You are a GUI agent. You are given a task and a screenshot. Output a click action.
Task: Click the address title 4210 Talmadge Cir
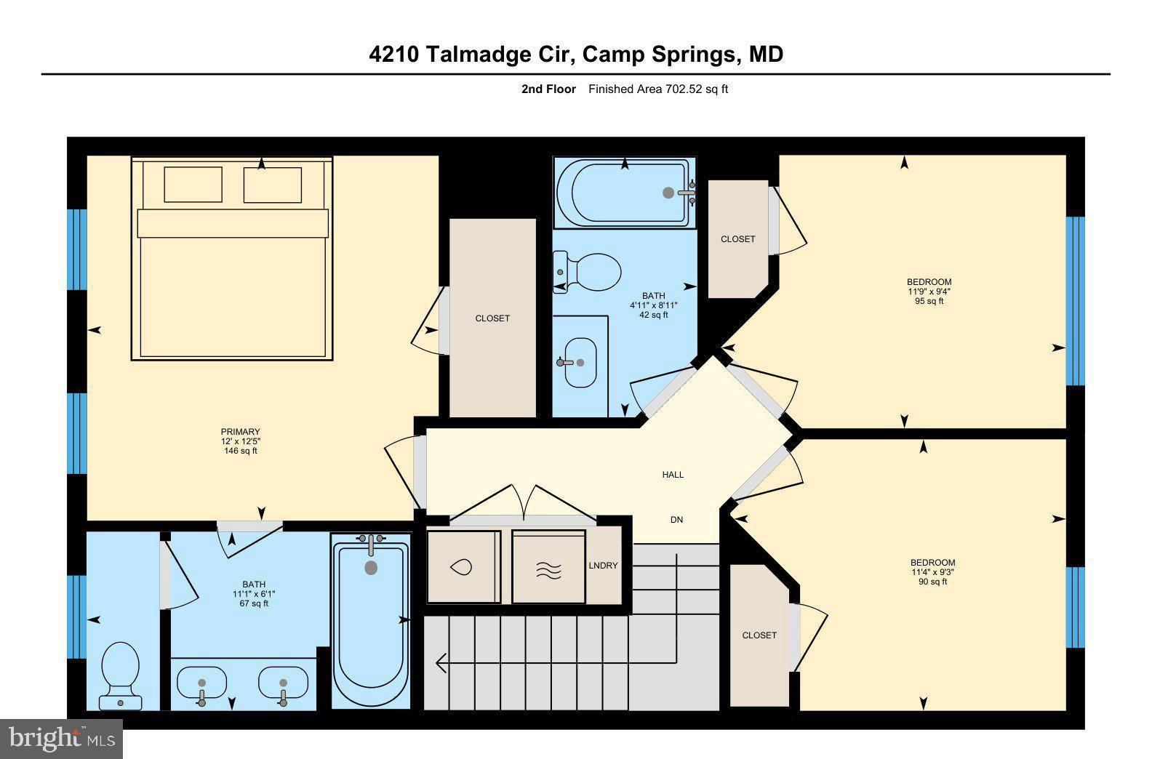coord(576,55)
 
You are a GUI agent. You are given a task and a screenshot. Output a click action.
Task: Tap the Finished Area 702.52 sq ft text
coord(657,89)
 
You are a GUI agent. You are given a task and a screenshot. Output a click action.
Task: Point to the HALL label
coord(673,475)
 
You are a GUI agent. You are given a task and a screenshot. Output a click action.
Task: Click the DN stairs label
coord(676,520)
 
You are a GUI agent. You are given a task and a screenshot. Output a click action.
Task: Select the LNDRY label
coord(603,566)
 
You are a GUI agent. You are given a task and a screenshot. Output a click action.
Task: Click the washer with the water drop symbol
coord(463,567)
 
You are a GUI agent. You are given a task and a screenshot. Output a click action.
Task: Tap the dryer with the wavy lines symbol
coord(549,567)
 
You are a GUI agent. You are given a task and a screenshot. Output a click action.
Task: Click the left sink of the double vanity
coord(201,684)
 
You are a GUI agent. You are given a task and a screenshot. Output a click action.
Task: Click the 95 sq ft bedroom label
coord(929,292)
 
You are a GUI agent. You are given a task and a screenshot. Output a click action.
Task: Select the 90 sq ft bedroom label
coord(932,572)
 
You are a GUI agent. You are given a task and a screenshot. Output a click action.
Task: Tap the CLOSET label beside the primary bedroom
coord(492,318)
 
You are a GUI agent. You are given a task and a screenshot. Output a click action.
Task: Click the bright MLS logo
coord(61,739)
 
